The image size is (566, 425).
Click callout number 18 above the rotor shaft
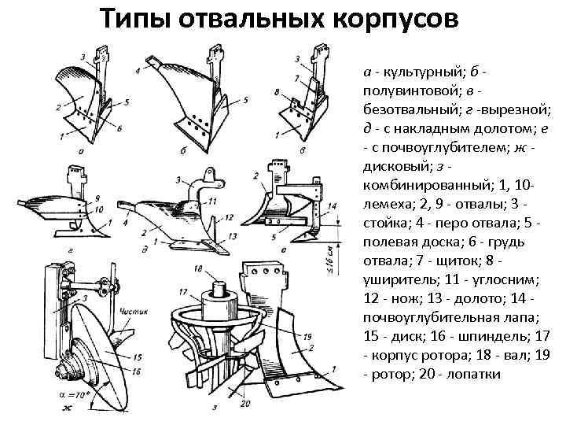coord(197,269)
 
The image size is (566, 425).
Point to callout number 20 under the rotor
coord(245,404)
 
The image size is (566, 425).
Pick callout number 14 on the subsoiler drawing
coord(333,206)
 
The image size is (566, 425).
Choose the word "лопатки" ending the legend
coord(476,375)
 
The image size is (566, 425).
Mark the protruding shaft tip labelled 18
coord(211,285)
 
